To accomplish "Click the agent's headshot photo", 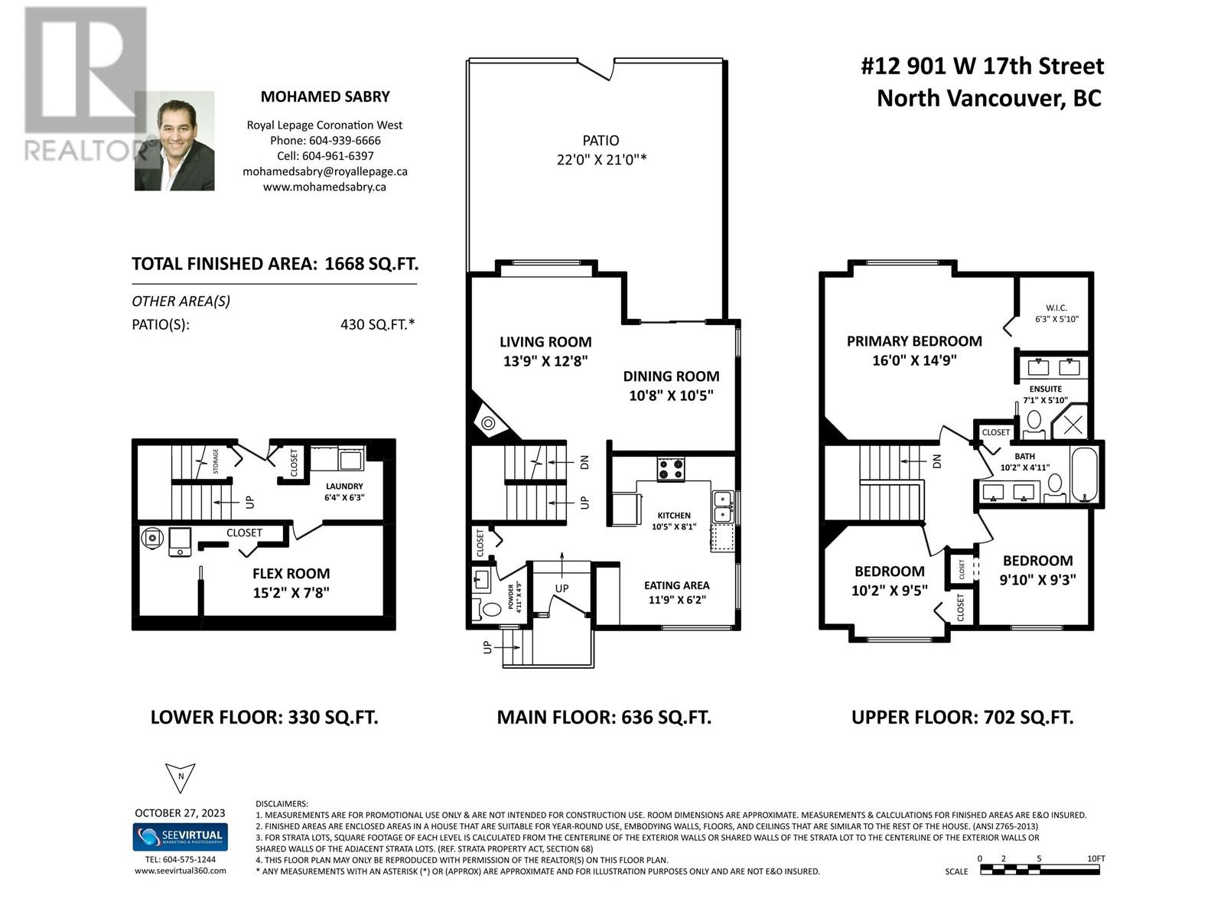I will point(174,142).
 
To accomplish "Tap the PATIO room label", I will point(601,141).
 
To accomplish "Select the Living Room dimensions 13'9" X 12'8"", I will point(545,361).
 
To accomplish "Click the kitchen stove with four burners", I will point(671,468).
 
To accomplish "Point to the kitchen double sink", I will point(722,507).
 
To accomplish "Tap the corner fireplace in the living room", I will point(487,421).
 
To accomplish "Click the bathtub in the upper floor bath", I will point(1084,474).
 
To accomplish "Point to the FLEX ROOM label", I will point(291,574).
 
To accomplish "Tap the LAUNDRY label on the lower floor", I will point(344,486).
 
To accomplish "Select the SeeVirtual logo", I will point(181,836).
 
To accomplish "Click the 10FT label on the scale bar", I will point(1095,858).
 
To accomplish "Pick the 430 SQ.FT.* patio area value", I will point(377,324).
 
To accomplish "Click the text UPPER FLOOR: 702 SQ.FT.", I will point(962,718).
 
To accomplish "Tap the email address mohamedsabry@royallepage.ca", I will point(325,171).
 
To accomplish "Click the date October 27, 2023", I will point(181,812).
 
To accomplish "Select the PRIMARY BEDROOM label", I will point(914,341).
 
